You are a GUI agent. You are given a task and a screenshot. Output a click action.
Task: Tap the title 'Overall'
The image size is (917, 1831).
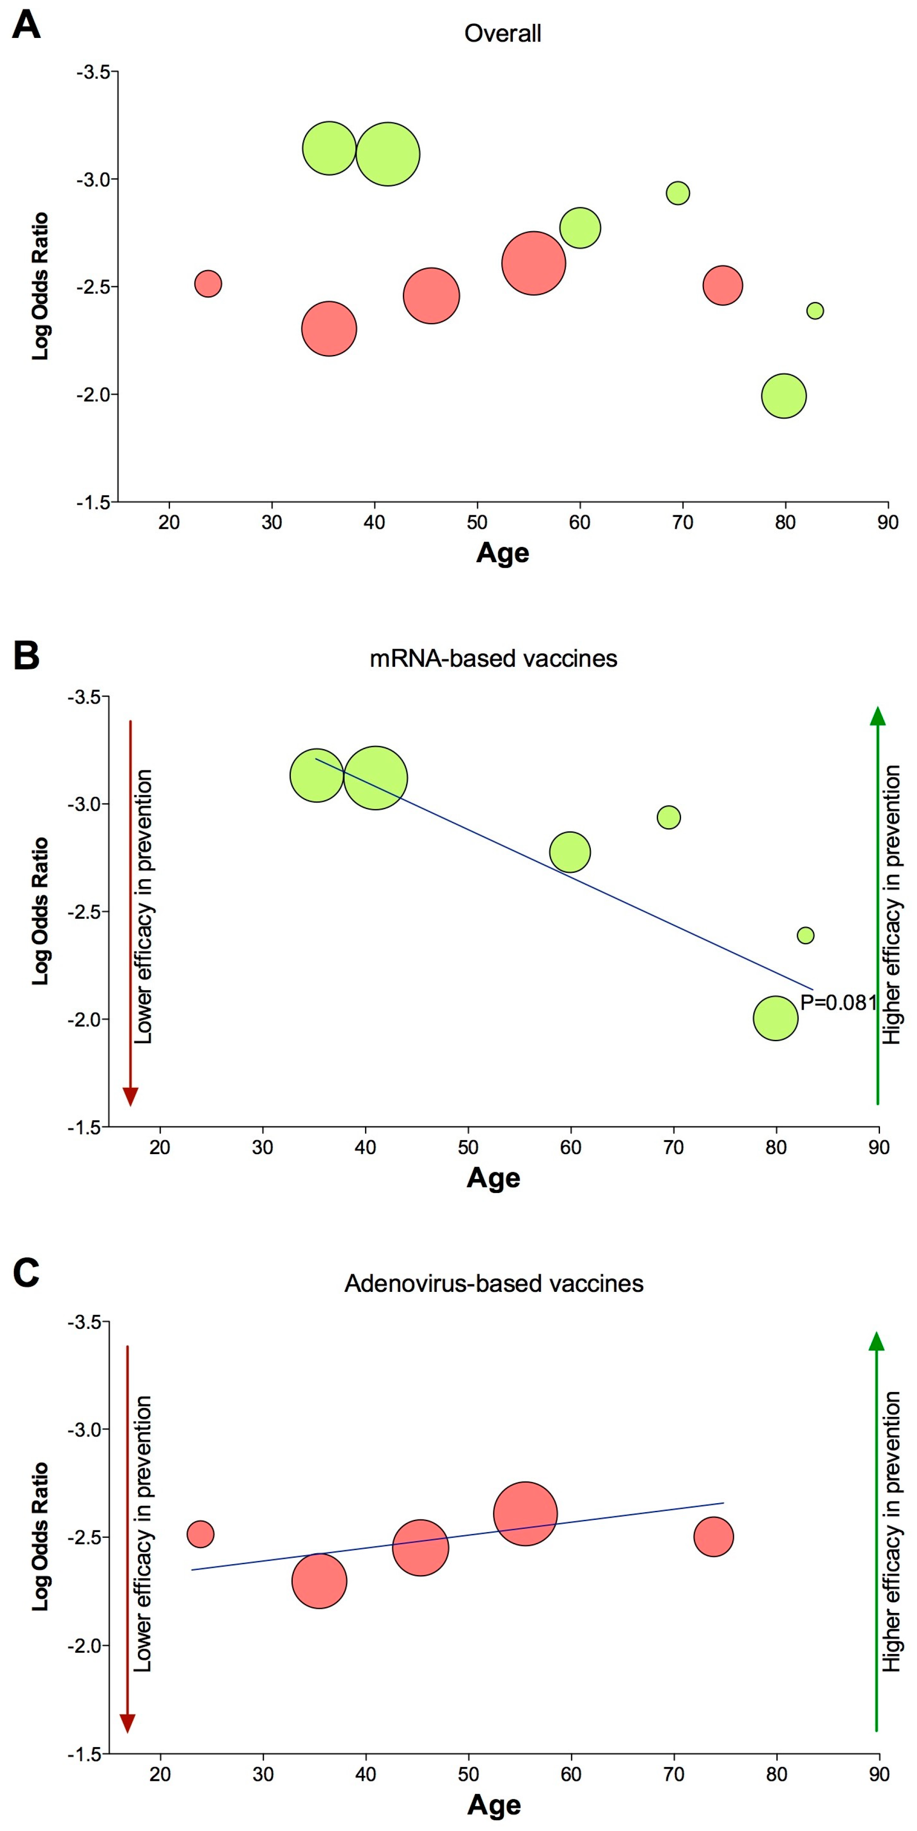(x=502, y=33)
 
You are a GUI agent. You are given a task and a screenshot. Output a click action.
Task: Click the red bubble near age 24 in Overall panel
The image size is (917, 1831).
(x=208, y=284)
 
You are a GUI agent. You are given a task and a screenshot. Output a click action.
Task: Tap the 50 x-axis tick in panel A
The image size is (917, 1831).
(x=477, y=522)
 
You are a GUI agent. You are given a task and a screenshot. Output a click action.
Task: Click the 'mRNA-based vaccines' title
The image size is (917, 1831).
(x=493, y=658)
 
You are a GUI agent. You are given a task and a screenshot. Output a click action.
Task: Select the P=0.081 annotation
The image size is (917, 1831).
(x=838, y=1002)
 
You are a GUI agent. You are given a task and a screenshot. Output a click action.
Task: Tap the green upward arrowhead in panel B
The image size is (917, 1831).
(x=878, y=717)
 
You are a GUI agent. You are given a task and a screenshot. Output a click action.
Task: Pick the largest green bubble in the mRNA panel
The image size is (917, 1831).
(x=375, y=778)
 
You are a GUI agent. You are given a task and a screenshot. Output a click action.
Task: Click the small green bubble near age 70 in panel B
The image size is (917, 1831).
(x=668, y=817)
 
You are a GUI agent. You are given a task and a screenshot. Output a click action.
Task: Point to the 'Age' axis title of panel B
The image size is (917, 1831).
(x=493, y=1178)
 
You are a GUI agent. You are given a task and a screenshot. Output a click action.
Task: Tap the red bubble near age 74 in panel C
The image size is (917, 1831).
(x=713, y=1536)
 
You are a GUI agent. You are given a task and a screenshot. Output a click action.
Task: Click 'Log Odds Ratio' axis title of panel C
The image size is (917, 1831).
(x=41, y=1536)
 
